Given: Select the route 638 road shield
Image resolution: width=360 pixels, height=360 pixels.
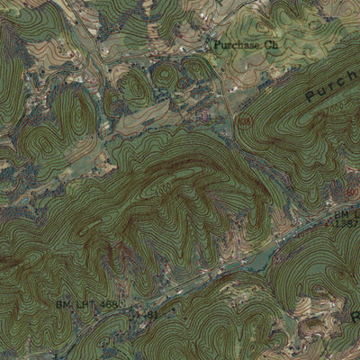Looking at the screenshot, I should (244, 122).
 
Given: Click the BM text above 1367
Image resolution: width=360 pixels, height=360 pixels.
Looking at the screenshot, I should (341, 216).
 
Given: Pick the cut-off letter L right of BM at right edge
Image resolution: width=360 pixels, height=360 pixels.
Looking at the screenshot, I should (356, 216).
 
